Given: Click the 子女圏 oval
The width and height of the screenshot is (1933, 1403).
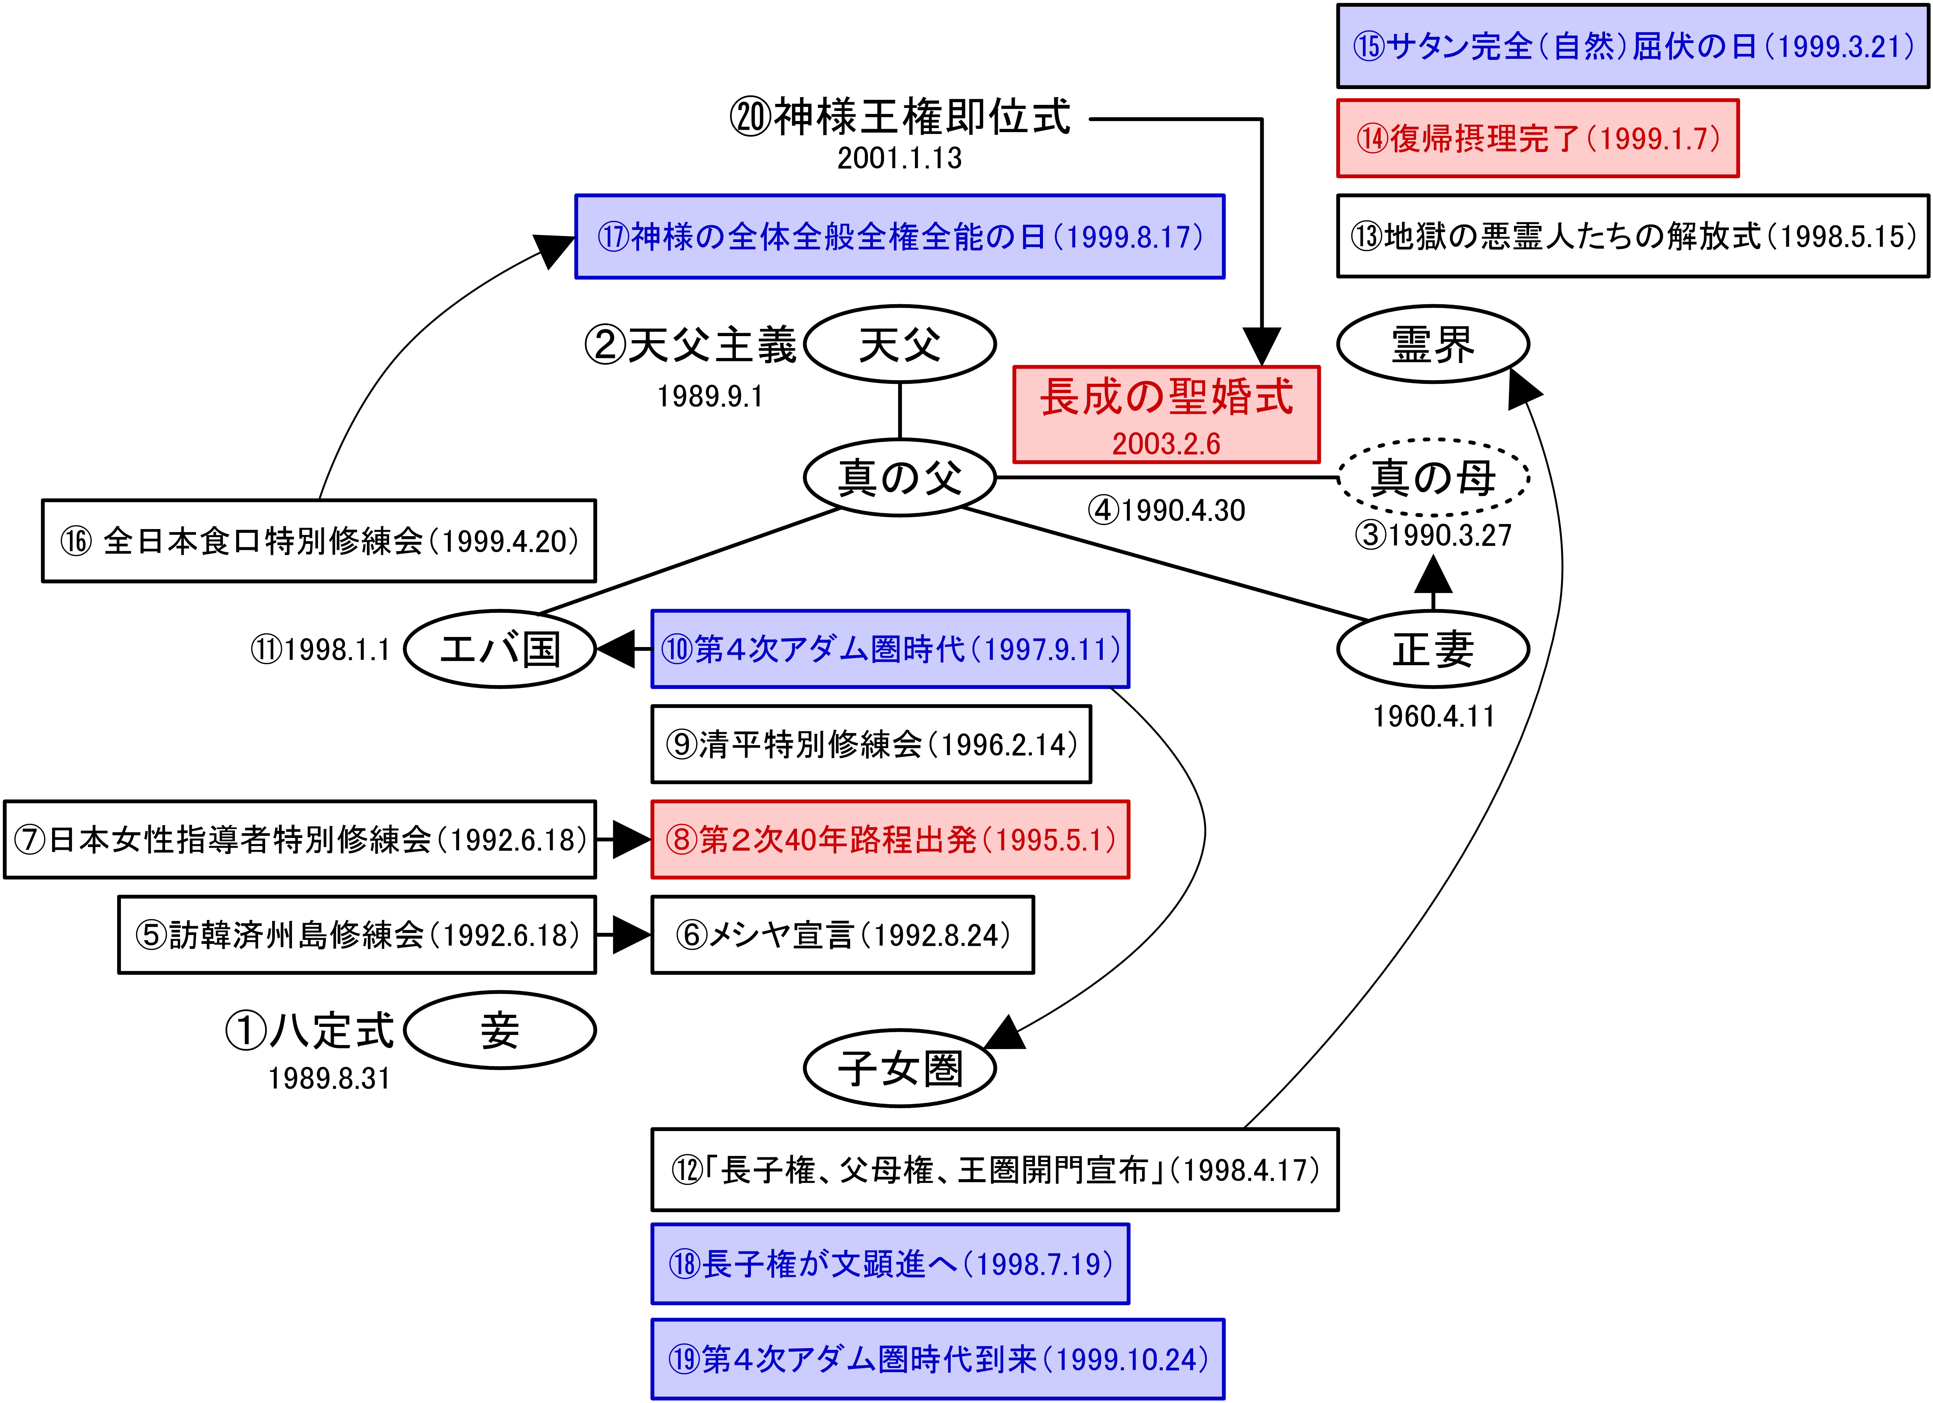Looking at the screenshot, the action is point(900,1068).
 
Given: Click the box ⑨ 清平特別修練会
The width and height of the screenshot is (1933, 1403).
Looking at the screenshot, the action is point(871,744).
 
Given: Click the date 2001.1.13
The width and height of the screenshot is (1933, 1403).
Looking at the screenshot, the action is point(900,158).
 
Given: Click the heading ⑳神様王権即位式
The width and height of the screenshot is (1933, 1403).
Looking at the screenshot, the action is point(900,117).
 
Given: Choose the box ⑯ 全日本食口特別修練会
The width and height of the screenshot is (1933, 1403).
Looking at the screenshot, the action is point(319,540).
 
